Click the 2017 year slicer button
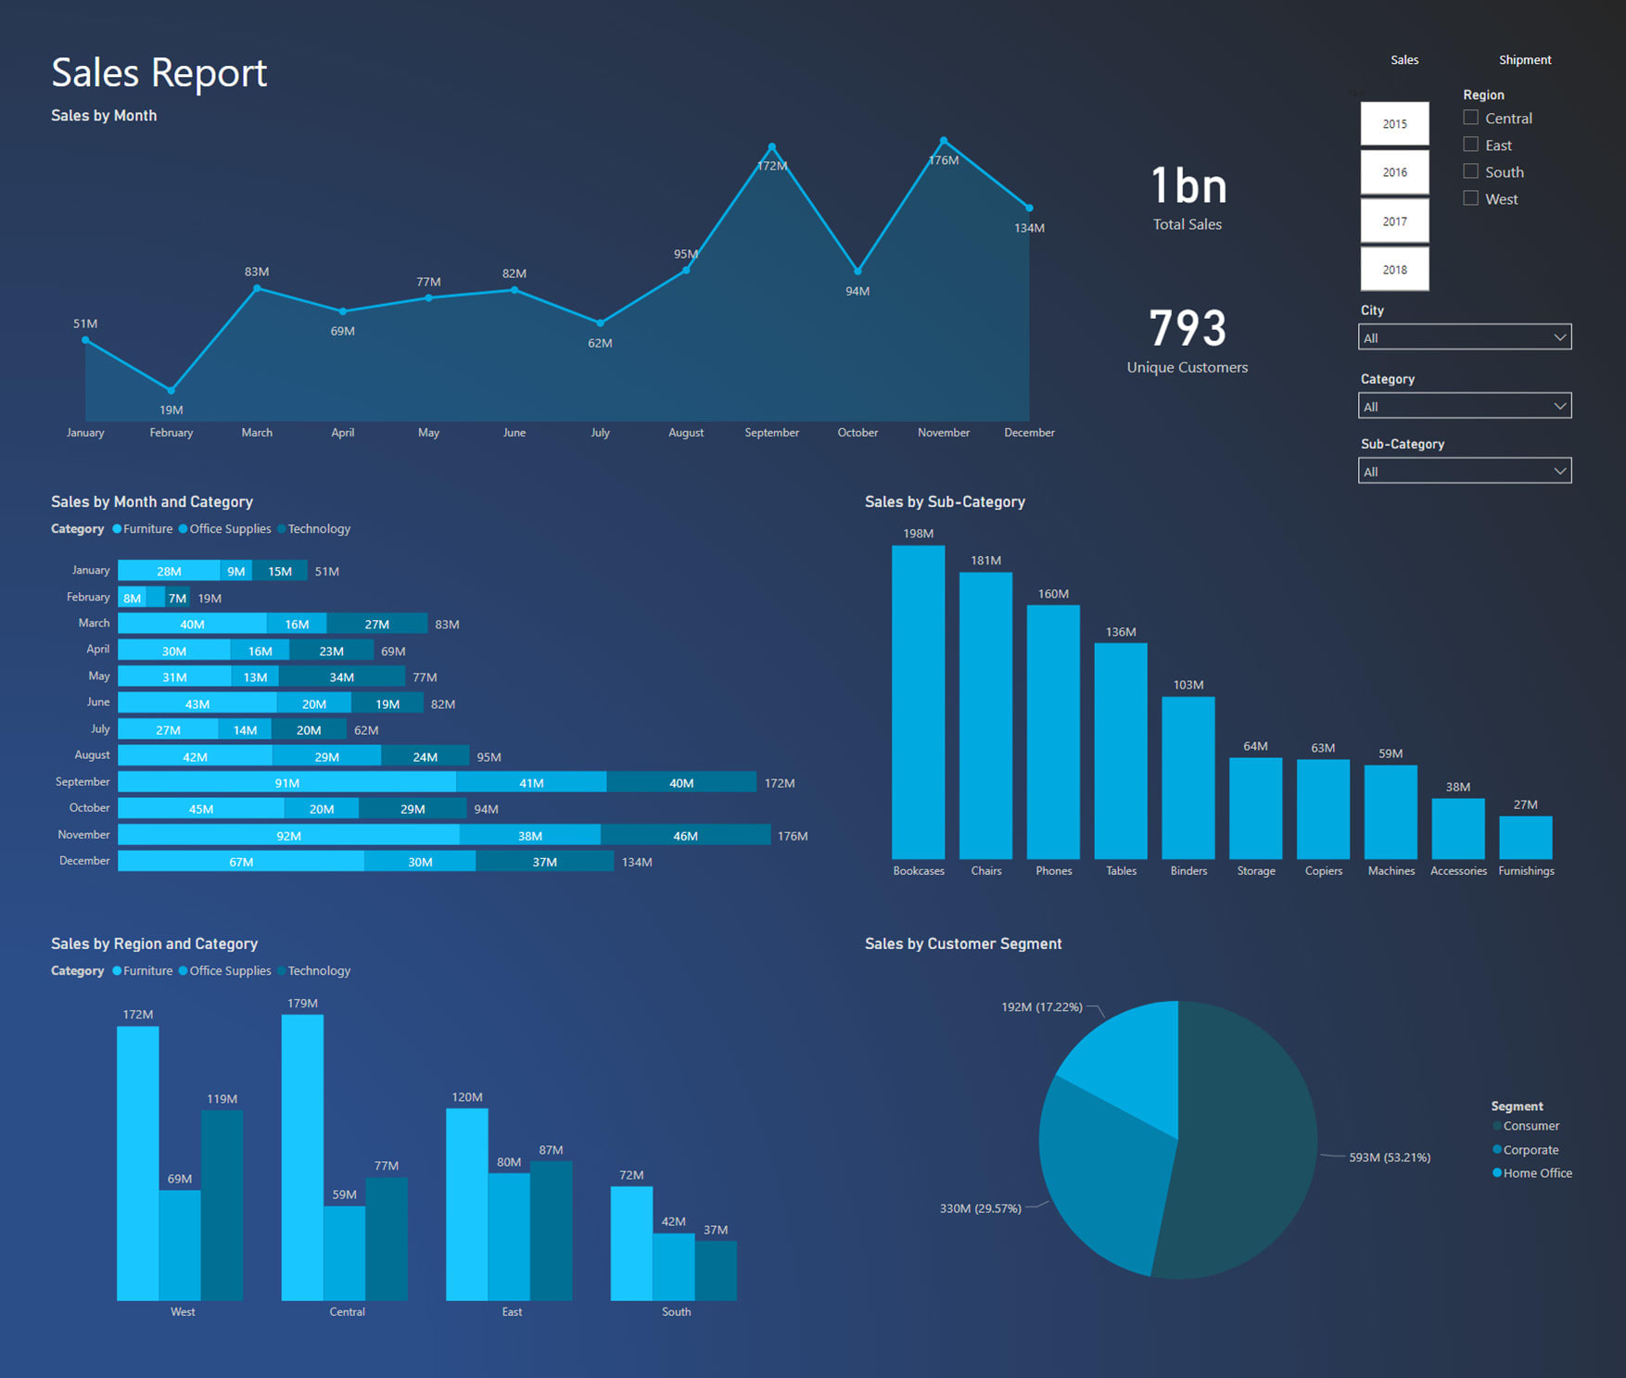1394,221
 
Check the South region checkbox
1470,171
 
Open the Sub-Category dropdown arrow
1560,471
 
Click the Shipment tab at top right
1525,60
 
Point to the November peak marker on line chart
944,141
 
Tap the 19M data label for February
171,410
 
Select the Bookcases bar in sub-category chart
918,702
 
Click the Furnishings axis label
1526,871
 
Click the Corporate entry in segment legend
1531,1150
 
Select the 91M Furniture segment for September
286,783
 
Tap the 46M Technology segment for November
685,836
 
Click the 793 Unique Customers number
1188,328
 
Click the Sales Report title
159,73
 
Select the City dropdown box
1464,337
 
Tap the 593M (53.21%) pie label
1389,1157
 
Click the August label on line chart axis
686,433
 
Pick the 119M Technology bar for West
222,1205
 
